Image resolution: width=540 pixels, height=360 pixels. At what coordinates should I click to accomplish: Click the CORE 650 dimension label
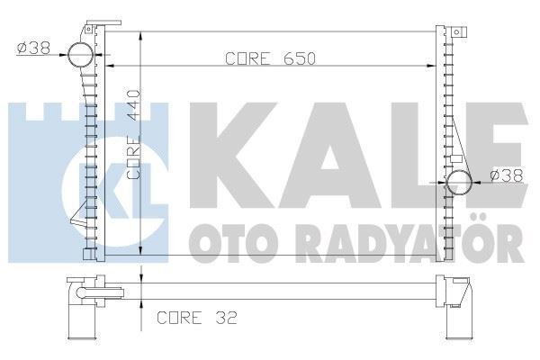[270, 58]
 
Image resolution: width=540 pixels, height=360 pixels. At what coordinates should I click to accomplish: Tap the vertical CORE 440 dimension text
[133, 134]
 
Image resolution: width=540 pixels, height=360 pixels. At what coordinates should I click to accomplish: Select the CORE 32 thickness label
[197, 318]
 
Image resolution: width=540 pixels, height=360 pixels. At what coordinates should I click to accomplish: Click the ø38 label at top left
[34, 48]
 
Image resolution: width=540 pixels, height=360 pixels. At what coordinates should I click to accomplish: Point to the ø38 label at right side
[507, 175]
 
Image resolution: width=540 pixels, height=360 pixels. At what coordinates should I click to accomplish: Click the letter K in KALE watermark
[233, 155]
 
